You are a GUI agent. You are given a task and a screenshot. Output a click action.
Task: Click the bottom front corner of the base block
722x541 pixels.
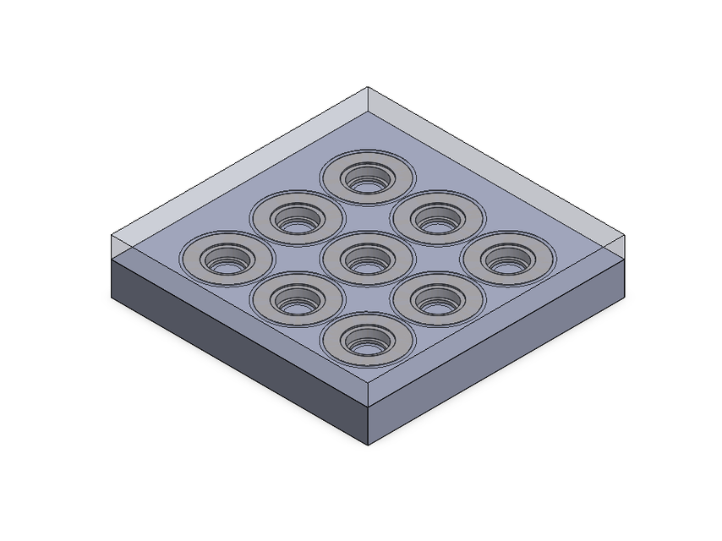click(368, 445)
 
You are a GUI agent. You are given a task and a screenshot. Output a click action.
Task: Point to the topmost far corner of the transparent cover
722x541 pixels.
click(368, 87)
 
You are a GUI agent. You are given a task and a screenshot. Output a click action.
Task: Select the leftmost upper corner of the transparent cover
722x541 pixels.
click(112, 236)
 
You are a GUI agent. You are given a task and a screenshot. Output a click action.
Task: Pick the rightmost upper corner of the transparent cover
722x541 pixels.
click(625, 236)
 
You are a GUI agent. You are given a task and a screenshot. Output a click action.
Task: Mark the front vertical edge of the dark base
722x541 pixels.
click(368, 423)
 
